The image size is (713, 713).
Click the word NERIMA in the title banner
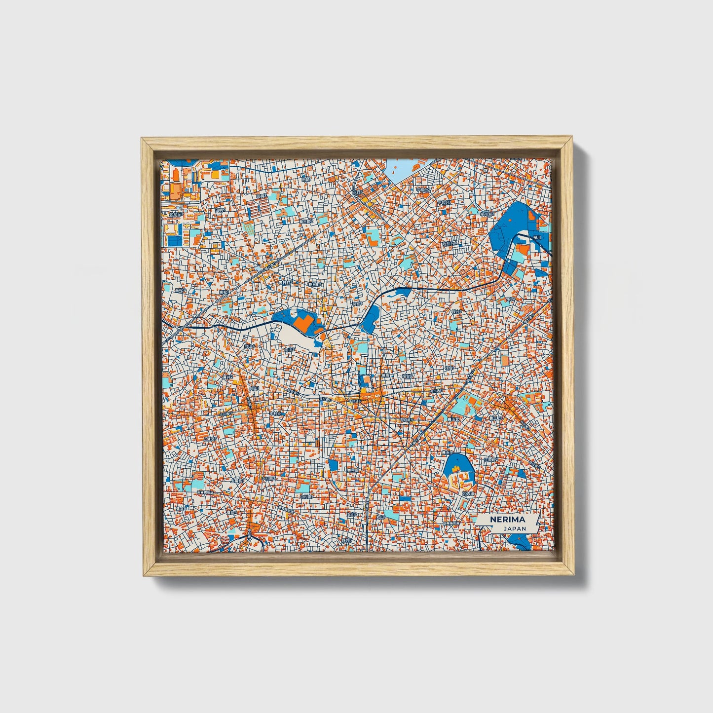pos(507,520)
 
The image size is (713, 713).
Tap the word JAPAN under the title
pos(515,528)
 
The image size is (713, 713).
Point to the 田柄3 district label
pos(262,196)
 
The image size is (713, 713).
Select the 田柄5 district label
pos(220,210)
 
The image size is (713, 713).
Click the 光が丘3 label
pos(176,215)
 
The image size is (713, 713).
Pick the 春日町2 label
pos(307,222)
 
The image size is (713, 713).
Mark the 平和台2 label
pos(423,189)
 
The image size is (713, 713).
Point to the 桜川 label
pos(537,237)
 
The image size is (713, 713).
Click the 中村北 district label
pos(277,413)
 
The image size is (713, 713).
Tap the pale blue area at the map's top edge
pos(402,169)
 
